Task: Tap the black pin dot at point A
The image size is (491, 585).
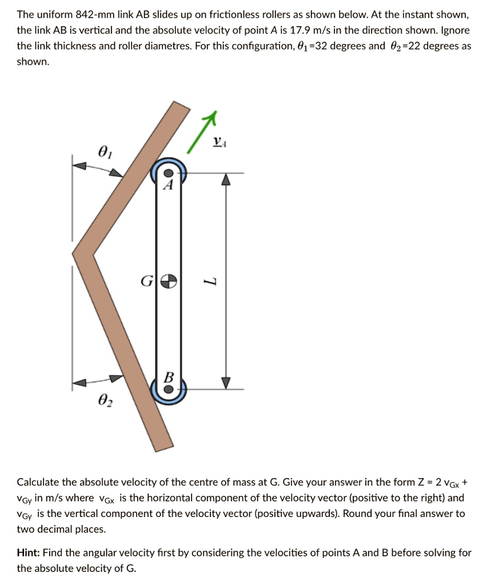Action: tap(167, 173)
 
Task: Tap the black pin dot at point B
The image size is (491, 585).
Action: tap(167, 388)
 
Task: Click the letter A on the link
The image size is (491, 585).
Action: tap(167, 185)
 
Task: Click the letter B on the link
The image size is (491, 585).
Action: tap(168, 376)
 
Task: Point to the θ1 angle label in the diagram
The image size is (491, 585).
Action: tap(103, 151)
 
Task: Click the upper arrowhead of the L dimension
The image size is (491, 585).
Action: tap(226, 179)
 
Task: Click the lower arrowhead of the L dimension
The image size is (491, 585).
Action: tap(226, 382)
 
